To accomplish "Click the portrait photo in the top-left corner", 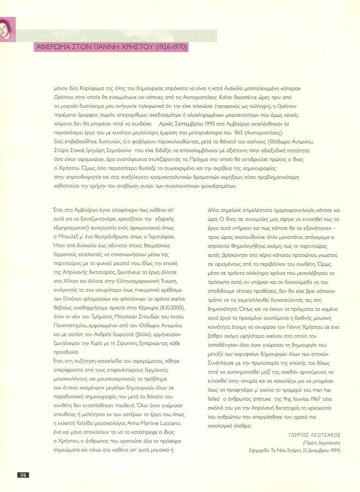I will click(x=7, y=30).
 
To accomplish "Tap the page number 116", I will click(x=23, y=475).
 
